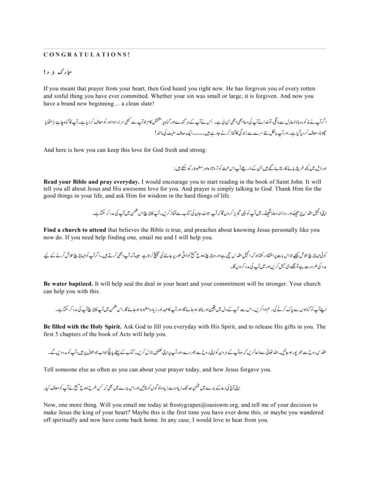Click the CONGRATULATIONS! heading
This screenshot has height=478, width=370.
[x=87, y=54]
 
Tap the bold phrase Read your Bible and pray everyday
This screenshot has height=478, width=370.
[x=91, y=181]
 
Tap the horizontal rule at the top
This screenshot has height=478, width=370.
[x=185, y=48]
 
